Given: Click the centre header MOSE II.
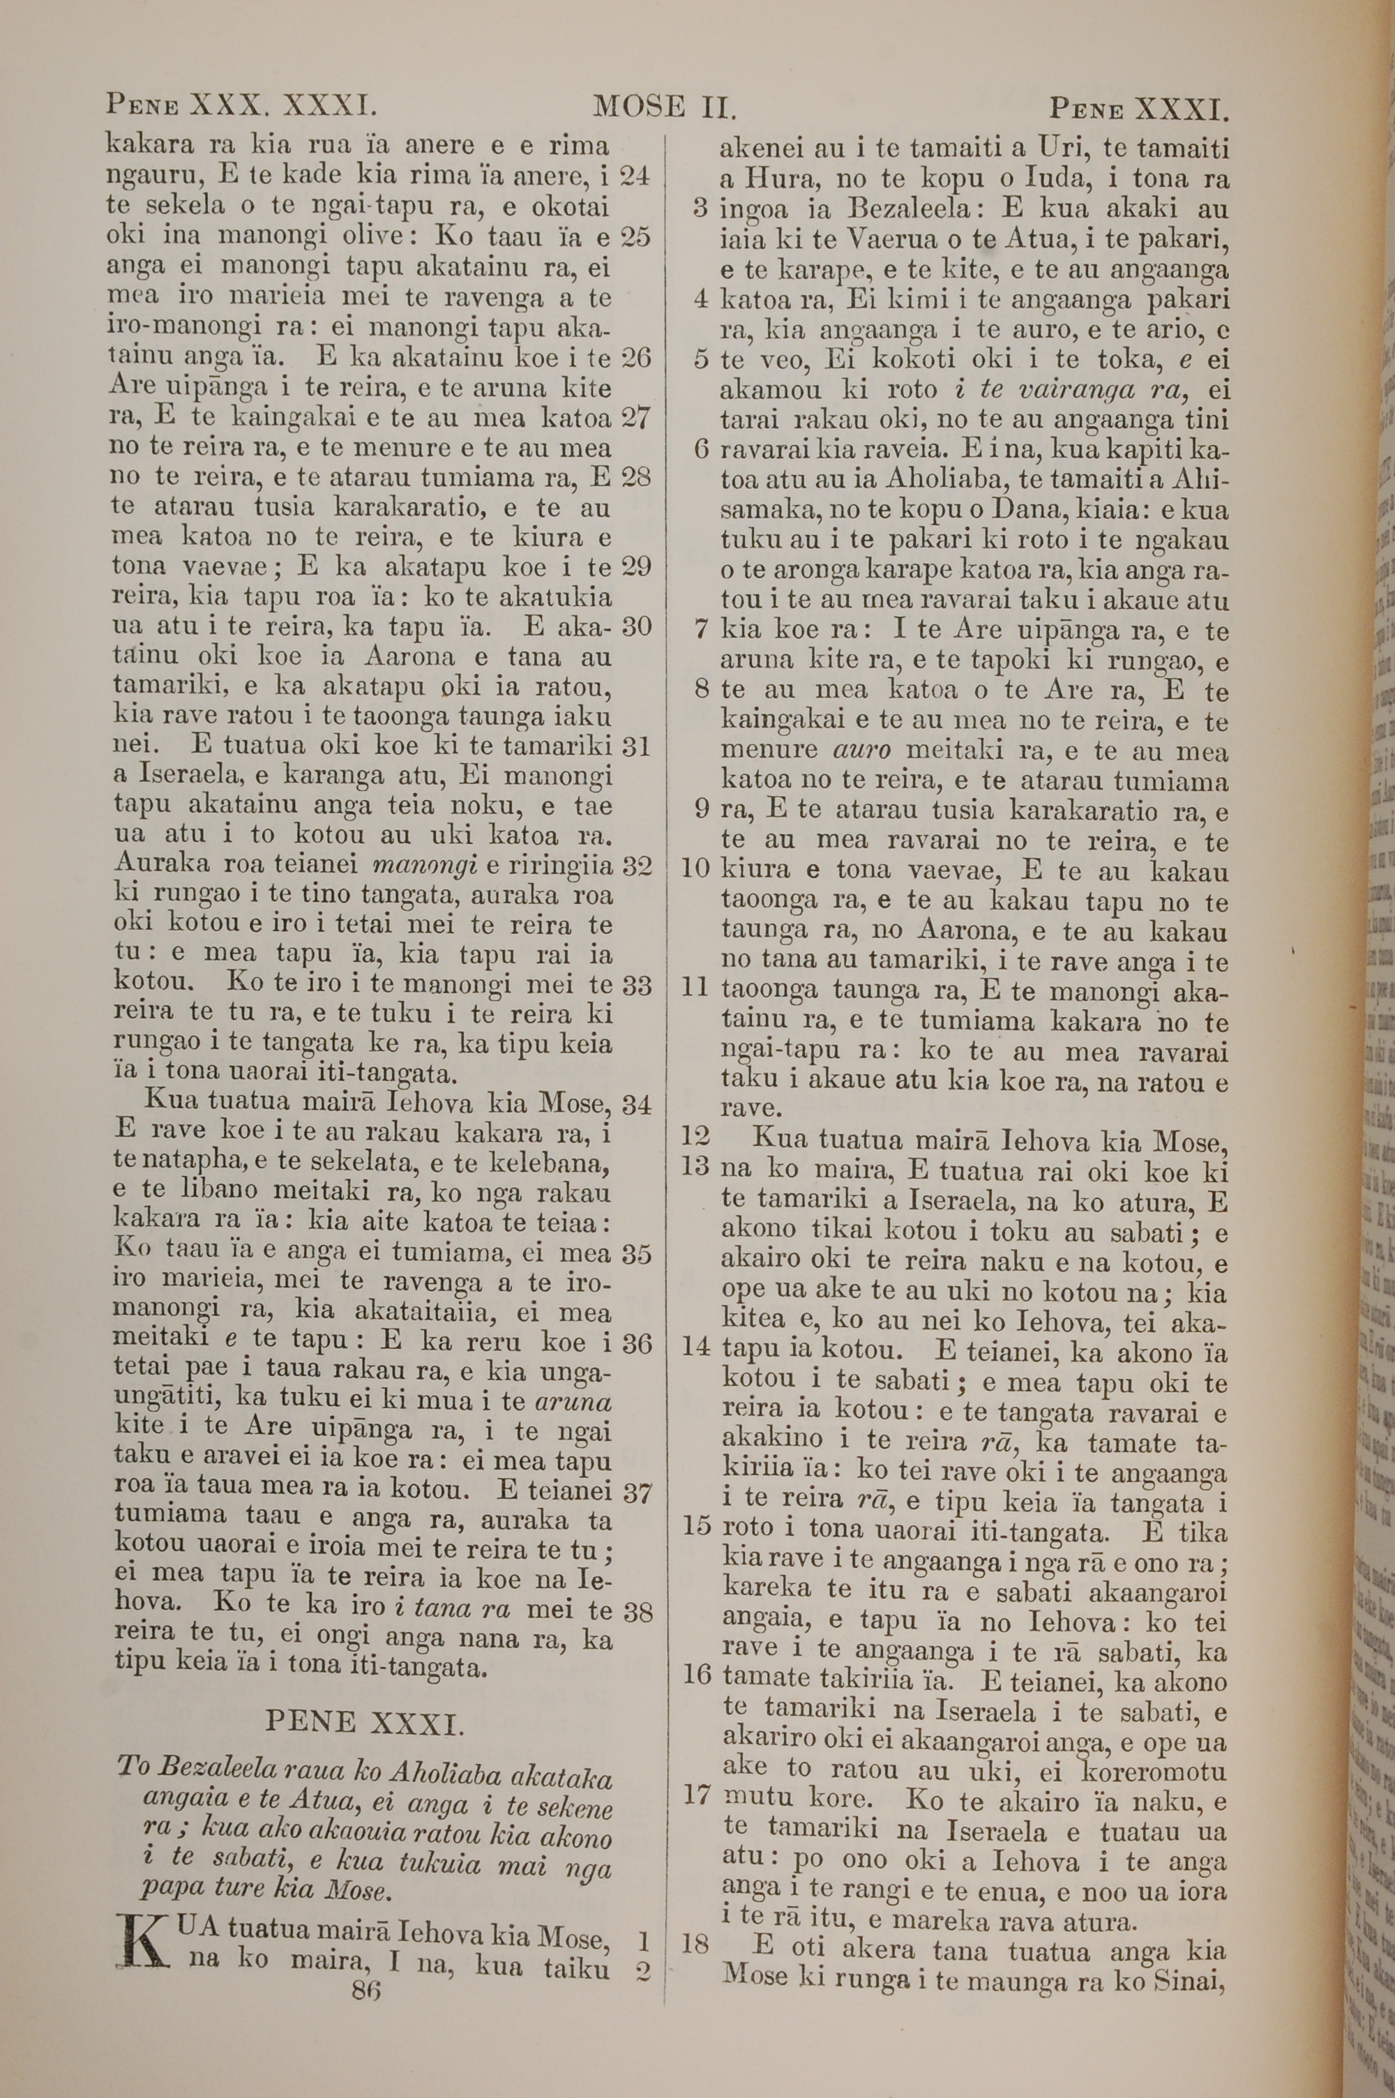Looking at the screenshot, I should tap(664, 109).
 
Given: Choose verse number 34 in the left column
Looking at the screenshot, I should tap(637, 1105).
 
